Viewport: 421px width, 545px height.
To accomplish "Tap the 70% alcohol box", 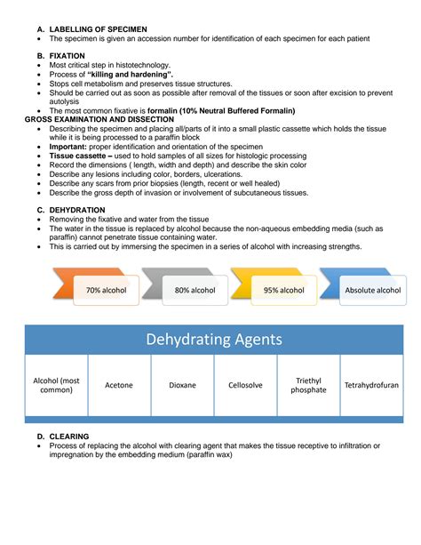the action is click(106, 290).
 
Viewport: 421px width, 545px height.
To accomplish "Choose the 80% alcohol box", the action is click(195, 290).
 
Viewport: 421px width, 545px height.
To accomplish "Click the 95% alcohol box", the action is click(283, 290).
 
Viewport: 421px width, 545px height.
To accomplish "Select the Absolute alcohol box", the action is click(371, 290).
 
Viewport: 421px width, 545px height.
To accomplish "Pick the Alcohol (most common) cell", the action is click(56, 385).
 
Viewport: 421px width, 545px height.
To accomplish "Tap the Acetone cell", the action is click(119, 385).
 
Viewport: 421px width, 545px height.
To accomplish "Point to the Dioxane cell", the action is click(182, 385).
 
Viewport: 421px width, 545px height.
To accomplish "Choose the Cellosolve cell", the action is click(245, 385).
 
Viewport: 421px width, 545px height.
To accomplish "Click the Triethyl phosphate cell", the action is click(308, 385).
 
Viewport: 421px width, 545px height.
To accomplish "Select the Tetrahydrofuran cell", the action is click(371, 385).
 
